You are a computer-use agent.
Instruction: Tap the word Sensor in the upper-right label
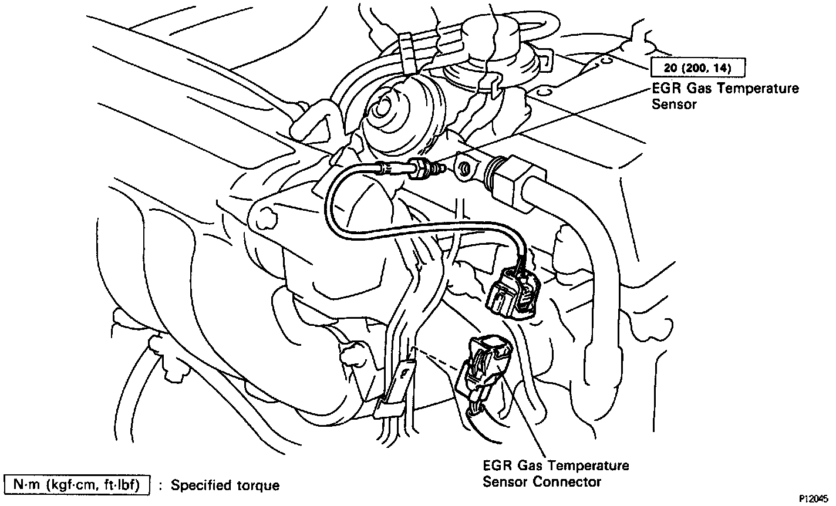(674, 105)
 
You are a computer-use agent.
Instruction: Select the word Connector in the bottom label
(573, 482)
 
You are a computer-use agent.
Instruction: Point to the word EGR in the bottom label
(498, 466)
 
